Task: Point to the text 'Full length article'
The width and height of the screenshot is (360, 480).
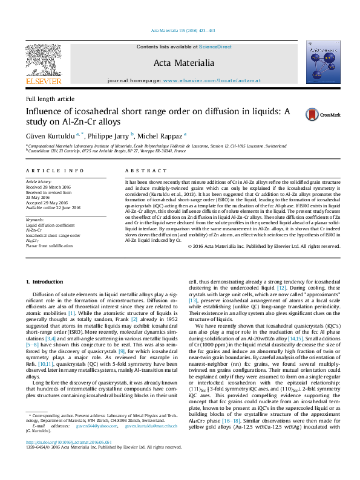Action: (50, 99)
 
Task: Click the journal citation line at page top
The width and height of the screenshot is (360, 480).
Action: (180, 31)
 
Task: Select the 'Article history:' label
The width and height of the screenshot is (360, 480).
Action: (39, 181)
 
